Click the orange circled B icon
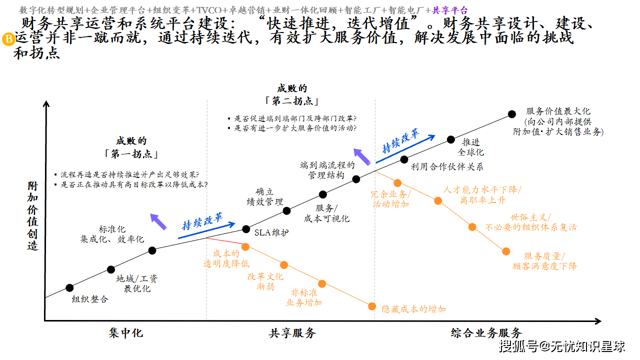point(9,39)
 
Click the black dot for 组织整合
point(69,287)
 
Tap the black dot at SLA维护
point(246,229)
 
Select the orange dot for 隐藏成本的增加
point(371,306)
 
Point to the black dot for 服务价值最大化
point(511,114)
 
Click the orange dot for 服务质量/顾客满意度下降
point(506,251)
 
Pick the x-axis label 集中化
point(125,332)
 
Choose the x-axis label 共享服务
point(292,332)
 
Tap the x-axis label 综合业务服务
point(486,332)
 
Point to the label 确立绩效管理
point(264,197)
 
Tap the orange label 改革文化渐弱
point(265,281)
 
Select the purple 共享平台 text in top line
point(450,10)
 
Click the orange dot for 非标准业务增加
point(322,283)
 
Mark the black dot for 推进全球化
point(450,139)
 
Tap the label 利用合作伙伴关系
point(447,167)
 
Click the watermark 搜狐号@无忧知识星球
point(562,346)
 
